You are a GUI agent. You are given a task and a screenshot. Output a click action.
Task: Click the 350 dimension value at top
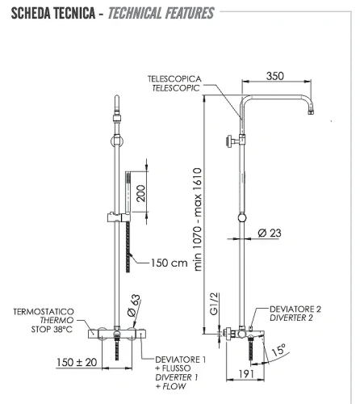pos(275,76)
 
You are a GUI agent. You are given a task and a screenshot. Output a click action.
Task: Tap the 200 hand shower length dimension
pos(140,193)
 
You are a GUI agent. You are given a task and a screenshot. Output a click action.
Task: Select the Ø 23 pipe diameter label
pos(270,233)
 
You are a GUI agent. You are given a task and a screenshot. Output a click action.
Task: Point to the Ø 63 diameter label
pos(134,305)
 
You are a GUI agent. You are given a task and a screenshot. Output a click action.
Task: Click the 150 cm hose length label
pos(169,263)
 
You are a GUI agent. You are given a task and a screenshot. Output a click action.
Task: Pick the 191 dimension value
pos(246,374)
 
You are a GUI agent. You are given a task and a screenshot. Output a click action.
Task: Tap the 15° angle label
pos(278,350)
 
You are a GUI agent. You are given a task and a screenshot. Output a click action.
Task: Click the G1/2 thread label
pos(214,304)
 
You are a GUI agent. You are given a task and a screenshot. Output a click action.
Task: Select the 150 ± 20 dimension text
pos(77,362)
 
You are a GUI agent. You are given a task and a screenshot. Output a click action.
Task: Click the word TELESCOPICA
pos(174,79)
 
